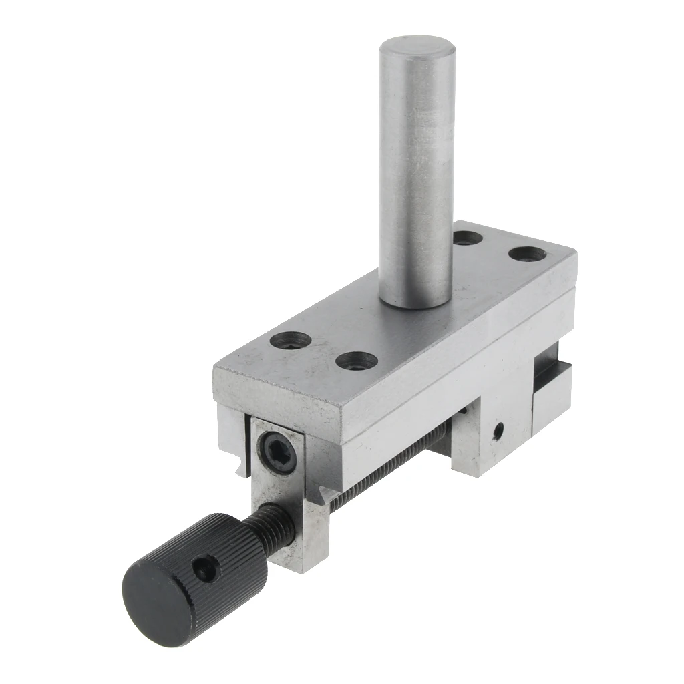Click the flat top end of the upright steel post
pos(417,52)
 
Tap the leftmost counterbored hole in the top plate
pos(291,341)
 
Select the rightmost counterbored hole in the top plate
pos(527,254)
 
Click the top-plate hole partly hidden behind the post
pos(467,237)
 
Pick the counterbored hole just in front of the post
pos(356,361)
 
